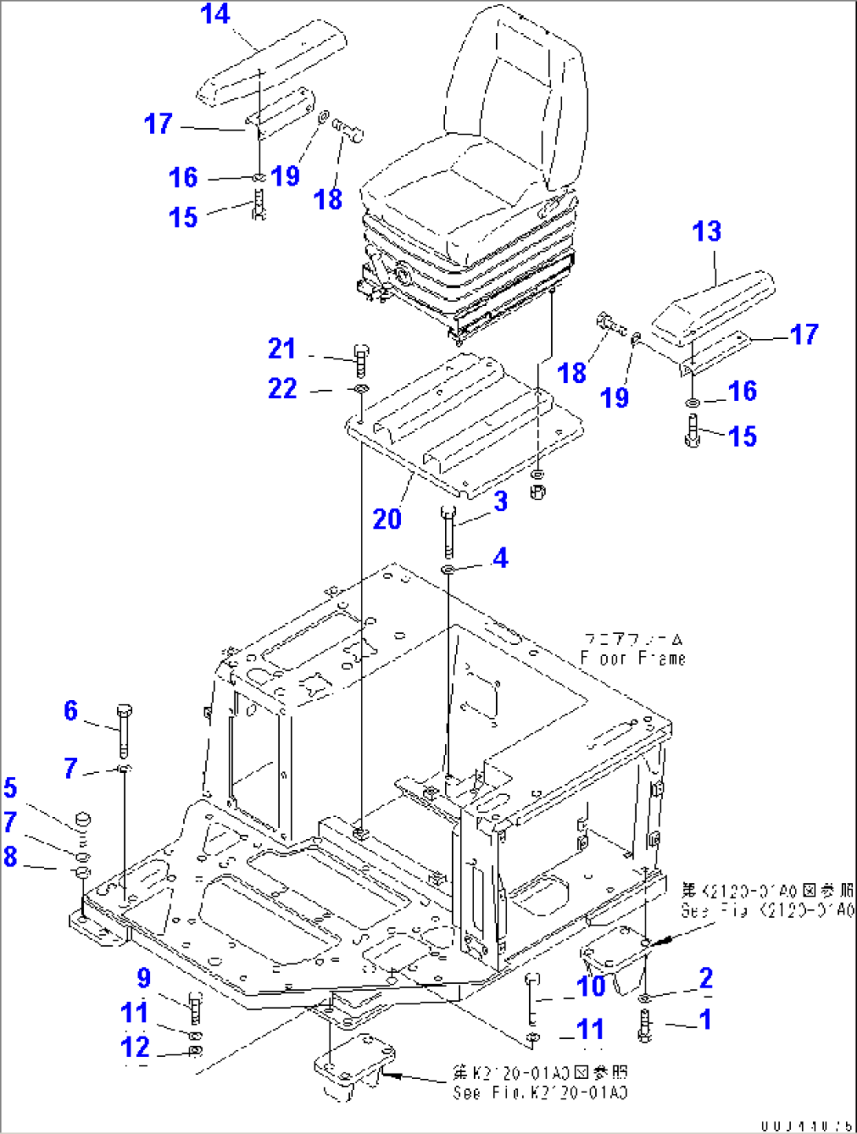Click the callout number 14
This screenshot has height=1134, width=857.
pyautogui.click(x=215, y=14)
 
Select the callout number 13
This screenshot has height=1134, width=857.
pyautogui.click(x=706, y=231)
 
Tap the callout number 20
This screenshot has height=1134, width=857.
pyautogui.click(x=387, y=519)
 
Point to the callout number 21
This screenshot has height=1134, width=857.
pyautogui.click(x=281, y=348)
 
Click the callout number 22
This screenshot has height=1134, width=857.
pyautogui.click(x=282, y=388)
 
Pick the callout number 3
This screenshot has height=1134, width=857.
pyautogui.click(x=501, y=502)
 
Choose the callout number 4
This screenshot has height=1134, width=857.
pyautogui.click(x=500, y=558)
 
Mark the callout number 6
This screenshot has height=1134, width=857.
pyautogui.click(x=71, y=710)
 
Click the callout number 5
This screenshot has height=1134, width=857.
pyautogui.click(x=10, y=787)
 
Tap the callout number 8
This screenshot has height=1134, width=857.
pyautogui.click(x=10, y=856)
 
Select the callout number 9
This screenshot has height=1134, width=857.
pyautogui.click(x=144, y=978)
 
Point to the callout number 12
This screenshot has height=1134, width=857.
pyautogui.click(x=134, y=1047)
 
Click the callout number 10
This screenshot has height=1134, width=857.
pyautogui.click(x=591, y=985)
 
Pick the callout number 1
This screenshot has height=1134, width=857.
pyautogui.click(x=705, y=1019)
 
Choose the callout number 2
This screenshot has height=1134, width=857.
pyautogui.click(x=706, y=978)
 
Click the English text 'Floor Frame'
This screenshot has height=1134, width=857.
pyautogui.click(x=633, y=658)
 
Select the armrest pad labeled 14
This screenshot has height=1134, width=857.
pyautogui.click(x=271, y=63)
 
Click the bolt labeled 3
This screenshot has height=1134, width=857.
pyautogui.click(x=448, y=532)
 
